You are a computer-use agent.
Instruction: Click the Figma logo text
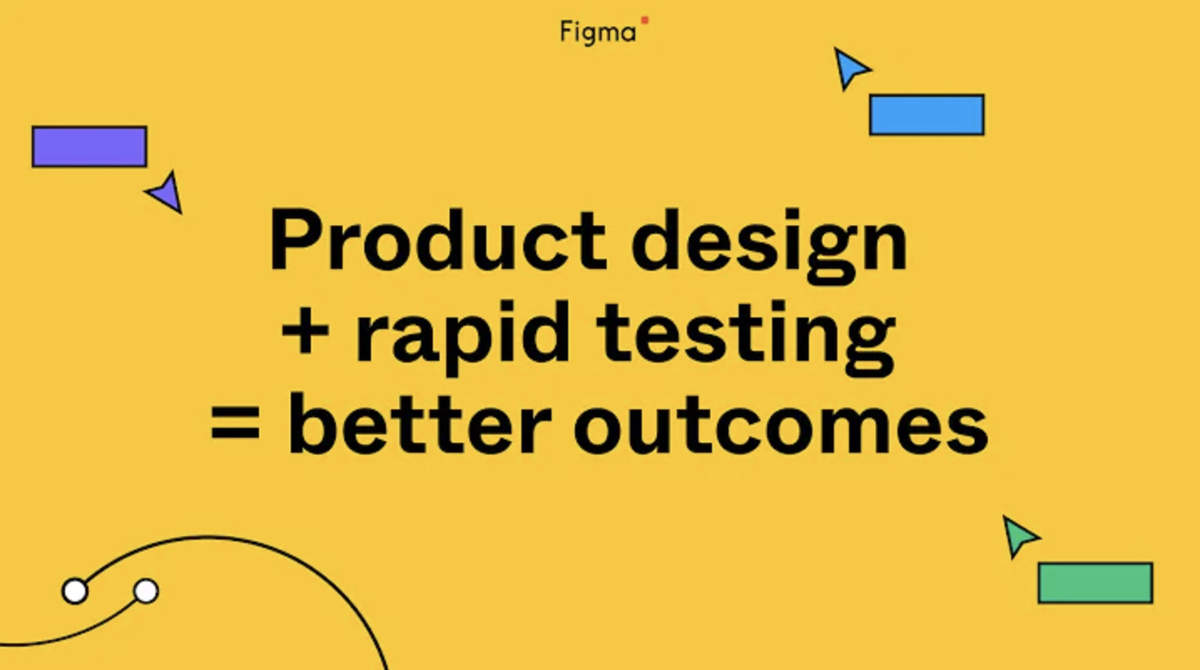(597, 33)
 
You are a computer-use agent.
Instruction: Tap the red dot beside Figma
(645, 20)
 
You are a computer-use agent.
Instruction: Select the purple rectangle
(89, 147)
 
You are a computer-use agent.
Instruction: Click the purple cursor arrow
(166, 192)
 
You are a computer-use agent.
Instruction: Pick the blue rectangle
(927, 114)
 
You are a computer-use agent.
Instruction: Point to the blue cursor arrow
(850, 68)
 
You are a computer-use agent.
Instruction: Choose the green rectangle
(1096, 583)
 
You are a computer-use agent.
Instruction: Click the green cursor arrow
(1019, 536)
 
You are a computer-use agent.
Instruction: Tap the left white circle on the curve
(75, 591)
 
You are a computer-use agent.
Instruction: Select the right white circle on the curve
(146, 591)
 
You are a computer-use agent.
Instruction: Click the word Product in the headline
(439, 240)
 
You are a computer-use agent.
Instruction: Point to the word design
(770, 246)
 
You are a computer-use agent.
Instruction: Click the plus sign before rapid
(305, 332)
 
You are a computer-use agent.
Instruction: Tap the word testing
(745, 338)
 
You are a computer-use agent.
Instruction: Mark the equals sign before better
(235, 423)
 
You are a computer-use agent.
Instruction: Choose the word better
(420, 423)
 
